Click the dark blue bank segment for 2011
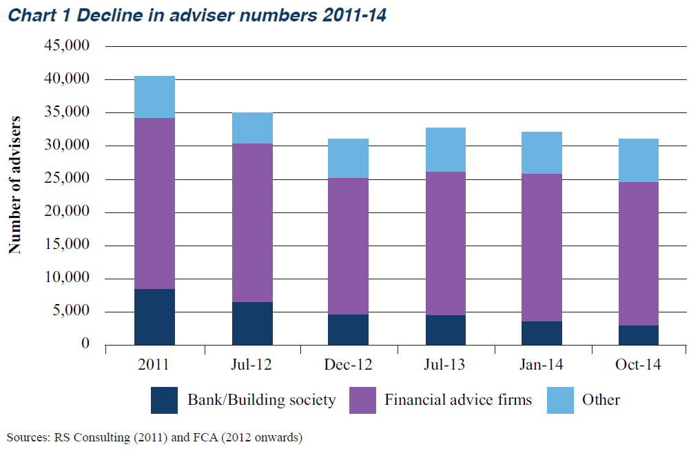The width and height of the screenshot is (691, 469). click(x=155, y=317)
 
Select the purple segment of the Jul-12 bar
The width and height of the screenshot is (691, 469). click(x=253, y=223)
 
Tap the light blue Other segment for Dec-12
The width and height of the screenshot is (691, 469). click(x=348, y=159)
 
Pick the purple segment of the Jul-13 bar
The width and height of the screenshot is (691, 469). click(x=446, y=243)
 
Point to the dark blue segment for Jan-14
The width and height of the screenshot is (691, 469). click(x=542, y=333)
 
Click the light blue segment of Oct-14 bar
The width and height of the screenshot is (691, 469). click(x=639, y=160)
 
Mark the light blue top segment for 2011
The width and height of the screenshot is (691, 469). click(x=155, y=97)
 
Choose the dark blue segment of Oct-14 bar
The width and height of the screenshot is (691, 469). click(x=639, y=335)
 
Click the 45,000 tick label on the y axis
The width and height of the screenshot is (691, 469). click(x=67, y=45)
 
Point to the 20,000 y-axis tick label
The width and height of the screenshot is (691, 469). click(x=67, y=211)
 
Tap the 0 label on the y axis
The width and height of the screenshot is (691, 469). click(x=85, y=343)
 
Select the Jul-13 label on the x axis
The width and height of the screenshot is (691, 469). click(x=444, y=364)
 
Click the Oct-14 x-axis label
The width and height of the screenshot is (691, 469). click(x=638, y=364)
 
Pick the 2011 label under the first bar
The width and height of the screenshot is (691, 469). click(x=154, y=364)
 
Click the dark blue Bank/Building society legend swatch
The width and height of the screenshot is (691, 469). click(x=164, y=400)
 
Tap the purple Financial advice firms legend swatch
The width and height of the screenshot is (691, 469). click(x=362, y=400)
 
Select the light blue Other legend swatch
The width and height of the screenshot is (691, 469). click(x=561, y=400)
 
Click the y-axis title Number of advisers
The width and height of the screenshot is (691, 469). click(x=14, y=185)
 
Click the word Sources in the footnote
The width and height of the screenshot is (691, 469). click(x=28, y=437)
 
